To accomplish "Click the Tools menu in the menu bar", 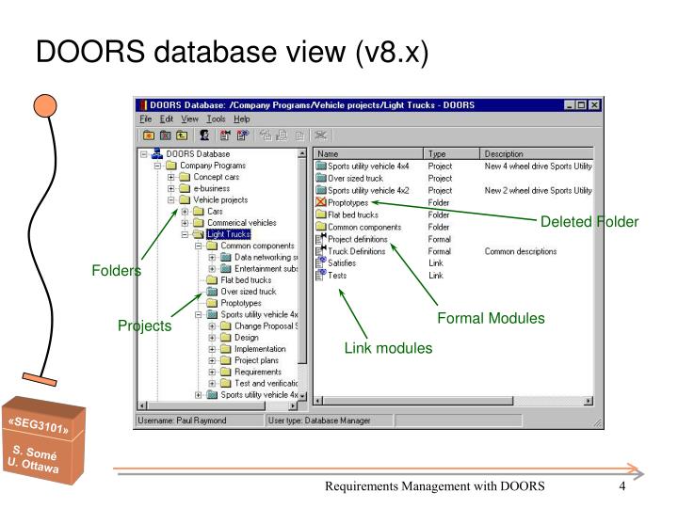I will coord(215,119).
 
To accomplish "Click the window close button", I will coord(593,103).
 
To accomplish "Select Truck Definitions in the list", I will coord(355,251).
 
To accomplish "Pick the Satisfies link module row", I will coord(342,263).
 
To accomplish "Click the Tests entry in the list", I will coord(336,276).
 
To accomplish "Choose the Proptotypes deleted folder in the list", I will coord(349,202).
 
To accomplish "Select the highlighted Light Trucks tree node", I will coord(229,234).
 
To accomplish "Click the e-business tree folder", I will coord(213,188).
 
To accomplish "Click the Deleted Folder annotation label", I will coord(589,222).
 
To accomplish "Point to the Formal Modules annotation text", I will coord(491,319).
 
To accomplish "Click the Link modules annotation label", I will coord(388,349).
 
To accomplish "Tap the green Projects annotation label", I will coord(144,325).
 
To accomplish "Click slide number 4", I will coord(622,486).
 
